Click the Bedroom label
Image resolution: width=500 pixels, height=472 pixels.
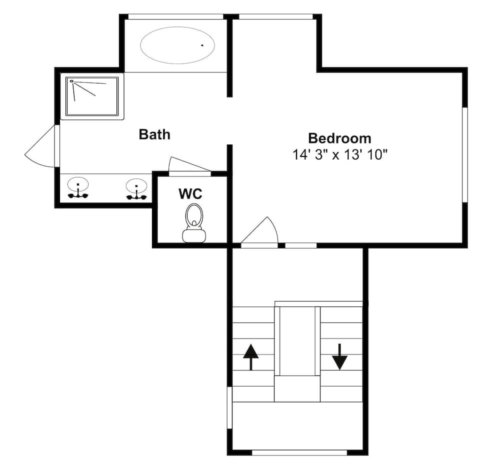(339, 138)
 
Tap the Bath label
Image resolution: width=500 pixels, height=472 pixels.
(154, 134)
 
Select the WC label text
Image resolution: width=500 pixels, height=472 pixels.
(190, 193)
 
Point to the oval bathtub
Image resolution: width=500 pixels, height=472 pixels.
(177, 45)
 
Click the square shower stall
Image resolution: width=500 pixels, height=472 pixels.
(92, 96)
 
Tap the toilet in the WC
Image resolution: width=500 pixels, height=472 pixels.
(194, 222)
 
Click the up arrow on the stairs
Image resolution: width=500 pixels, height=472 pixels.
(250, 357)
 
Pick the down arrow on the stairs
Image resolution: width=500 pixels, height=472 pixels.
(339, 356)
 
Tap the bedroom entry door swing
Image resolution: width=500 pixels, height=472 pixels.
(259, 231)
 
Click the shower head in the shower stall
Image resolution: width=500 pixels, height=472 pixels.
(71, 81)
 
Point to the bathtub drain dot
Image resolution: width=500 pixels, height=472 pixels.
(202, 45)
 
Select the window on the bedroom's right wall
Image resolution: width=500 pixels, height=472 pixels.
(465, 154)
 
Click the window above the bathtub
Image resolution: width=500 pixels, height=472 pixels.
(175, 16)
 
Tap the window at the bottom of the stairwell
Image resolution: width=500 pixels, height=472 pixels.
(299, 452)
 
